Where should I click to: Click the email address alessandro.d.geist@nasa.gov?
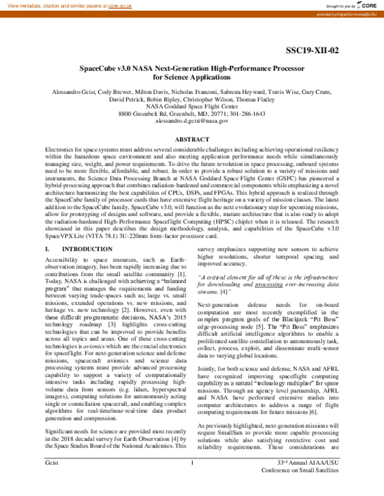191,120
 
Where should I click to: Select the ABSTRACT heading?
191,139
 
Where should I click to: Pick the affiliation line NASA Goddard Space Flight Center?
191,105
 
